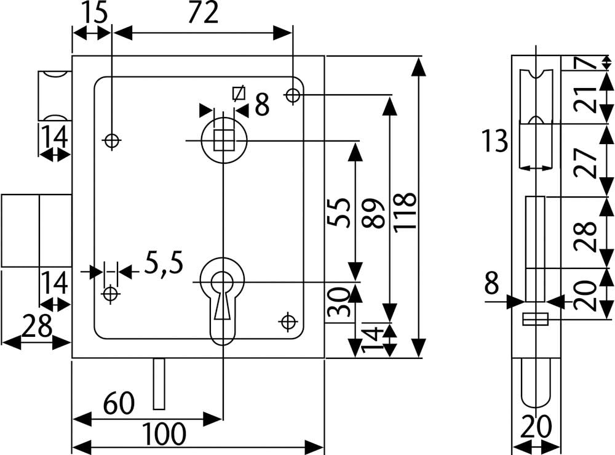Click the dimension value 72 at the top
[203, 13]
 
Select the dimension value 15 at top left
[92, 13]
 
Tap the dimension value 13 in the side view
[495, 141]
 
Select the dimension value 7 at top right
[587, 62]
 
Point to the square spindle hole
[223, 141]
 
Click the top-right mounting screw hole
[293, 95]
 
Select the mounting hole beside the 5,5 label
[111, 294]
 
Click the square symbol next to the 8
[239, 94]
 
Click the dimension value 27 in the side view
[587, 161]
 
